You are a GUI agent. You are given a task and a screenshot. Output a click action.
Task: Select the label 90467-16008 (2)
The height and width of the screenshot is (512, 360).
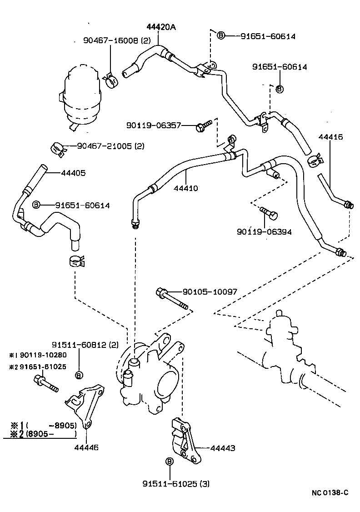tap(110, 40)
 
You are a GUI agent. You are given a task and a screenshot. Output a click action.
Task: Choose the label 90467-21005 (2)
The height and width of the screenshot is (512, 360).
tap(110, 146)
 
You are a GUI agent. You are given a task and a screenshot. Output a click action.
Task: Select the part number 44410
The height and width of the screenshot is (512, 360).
tap(185, 188)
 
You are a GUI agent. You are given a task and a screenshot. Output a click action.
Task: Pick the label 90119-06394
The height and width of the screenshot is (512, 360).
tap(264, 231)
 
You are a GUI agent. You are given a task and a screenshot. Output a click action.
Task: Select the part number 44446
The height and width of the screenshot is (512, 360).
tap(86, 447)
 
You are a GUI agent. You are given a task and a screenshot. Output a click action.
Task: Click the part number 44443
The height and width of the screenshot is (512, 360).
tap(223, 448)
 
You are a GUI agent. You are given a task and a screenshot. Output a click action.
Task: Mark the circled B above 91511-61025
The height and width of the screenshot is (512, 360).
tap(169, 462)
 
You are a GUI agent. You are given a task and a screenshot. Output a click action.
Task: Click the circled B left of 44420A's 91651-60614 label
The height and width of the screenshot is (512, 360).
tap(221, 35)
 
